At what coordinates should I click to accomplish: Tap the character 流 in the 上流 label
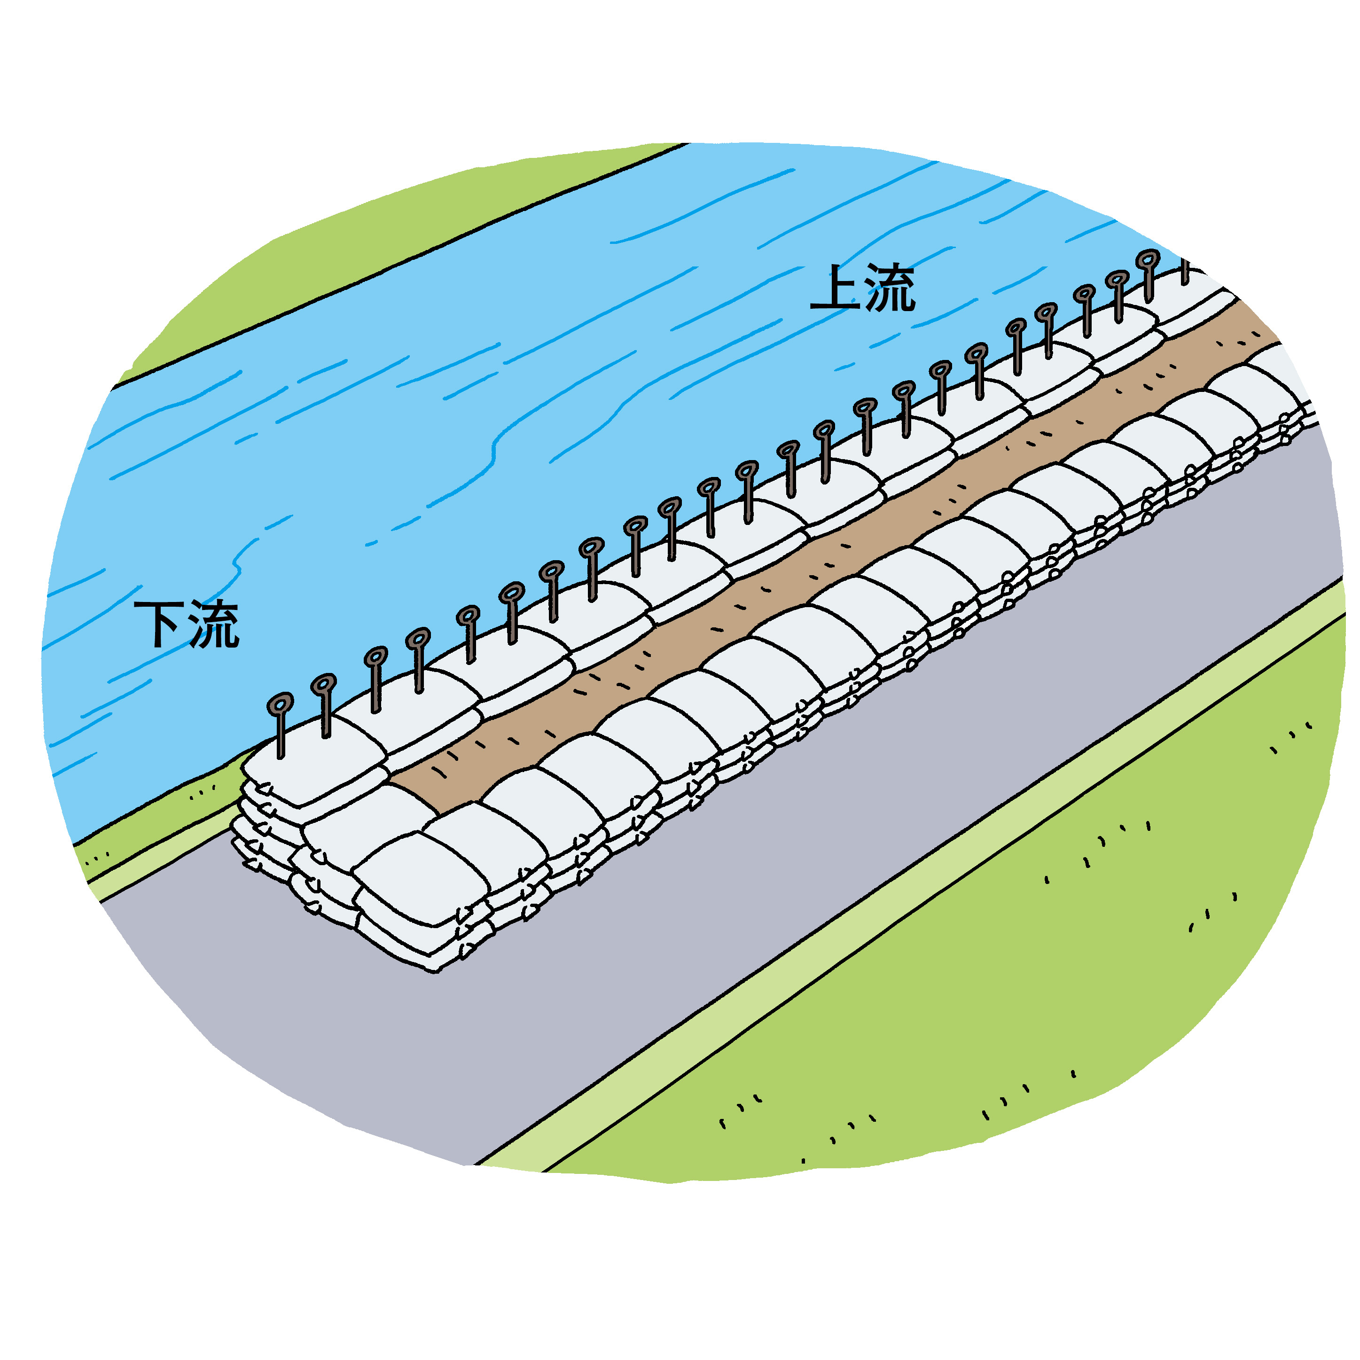point(890,288)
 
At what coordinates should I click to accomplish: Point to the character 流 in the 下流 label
point(214,625)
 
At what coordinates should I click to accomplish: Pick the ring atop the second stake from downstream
point(324,683)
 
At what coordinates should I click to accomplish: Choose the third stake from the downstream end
point(376,680)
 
